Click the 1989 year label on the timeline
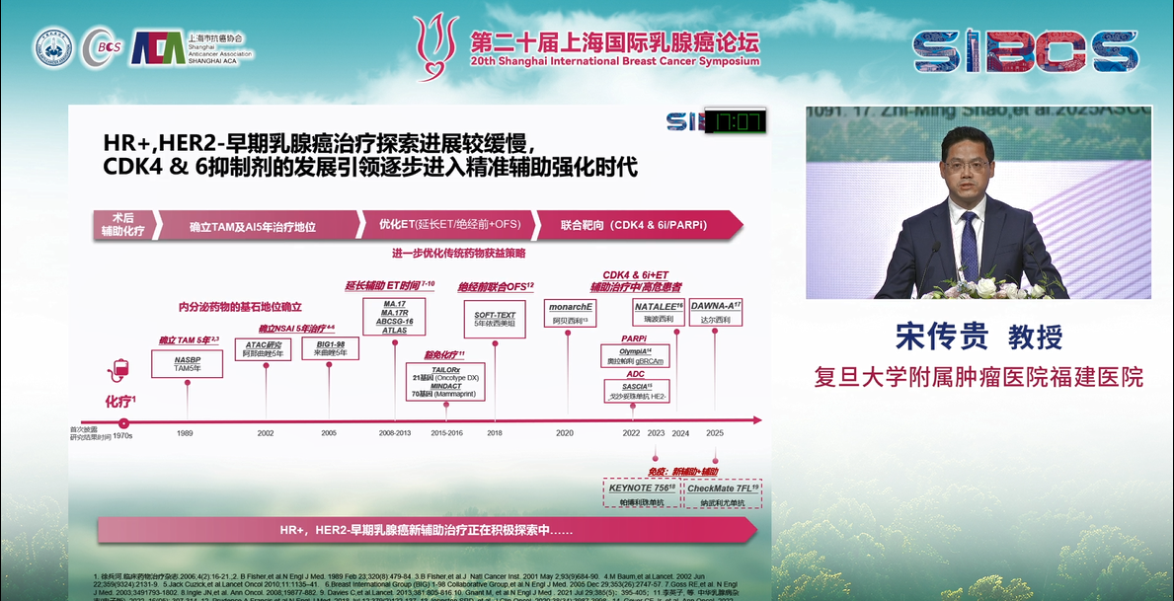click(185, 433)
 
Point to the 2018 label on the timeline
click(494, 433)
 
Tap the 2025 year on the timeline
click(715, 433)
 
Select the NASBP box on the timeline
click(188, 364)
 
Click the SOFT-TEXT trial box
click(495, 319)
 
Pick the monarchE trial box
click(570, 313)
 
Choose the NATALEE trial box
click(659, 313)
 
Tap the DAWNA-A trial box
click(715, 312)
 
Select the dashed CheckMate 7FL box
click(722, 493)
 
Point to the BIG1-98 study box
click(329, 348)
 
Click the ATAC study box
click(263, 349)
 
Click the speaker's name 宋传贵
click(941, 337)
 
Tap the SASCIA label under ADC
click(636, 386)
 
